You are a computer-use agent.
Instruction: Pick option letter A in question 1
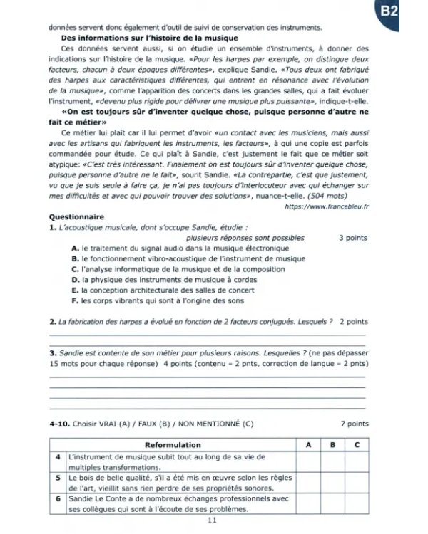76,247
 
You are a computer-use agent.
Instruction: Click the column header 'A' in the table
307,444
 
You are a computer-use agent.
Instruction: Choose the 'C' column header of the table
356,444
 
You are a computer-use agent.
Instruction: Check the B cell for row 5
332,483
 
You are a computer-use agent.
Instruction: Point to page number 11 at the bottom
211,520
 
